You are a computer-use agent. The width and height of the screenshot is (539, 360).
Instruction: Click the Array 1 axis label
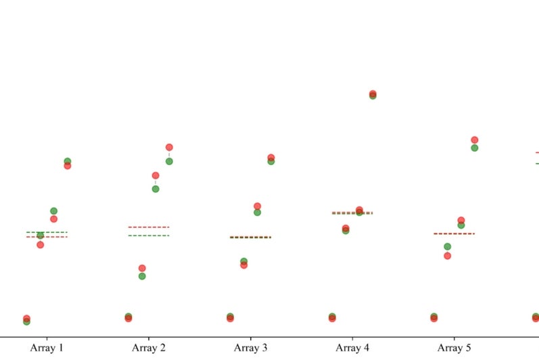coord(47,348)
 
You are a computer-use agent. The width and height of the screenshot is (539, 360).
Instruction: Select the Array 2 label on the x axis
coord(149,348)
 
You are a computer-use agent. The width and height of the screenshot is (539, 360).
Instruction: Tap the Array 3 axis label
coord(250,348)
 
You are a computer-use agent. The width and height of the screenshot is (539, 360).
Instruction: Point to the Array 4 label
coord(352,348)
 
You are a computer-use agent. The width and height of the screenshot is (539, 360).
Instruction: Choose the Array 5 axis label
coord(454,348)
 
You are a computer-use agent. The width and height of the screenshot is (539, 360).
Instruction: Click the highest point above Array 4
coord(373,94)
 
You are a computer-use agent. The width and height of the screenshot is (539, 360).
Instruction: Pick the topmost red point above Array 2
coord(169,147)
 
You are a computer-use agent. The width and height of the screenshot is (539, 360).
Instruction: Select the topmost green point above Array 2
coord(169,161)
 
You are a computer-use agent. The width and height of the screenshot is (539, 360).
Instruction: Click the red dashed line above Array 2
coord(148,227)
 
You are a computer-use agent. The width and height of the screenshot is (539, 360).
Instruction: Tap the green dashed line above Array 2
coord(148,235)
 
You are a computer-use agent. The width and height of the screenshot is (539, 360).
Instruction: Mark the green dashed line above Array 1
coord(47,232)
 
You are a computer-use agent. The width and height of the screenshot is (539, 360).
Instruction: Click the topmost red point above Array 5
coord(475,140)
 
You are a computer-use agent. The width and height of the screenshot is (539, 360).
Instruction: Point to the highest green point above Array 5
coord(475,148)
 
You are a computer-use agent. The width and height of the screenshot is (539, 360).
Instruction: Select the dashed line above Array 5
coord(454,233)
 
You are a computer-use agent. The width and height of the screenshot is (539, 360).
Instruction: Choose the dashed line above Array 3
coord(250,238)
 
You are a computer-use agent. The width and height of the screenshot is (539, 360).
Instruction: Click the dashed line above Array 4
coord(352,213)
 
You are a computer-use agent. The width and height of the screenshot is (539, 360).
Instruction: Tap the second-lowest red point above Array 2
coord(142,269)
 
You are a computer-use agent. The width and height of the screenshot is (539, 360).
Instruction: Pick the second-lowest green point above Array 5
coord(447,247)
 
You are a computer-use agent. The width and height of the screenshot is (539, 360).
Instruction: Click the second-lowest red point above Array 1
coord(40,244)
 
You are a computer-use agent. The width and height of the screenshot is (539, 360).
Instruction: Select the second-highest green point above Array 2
coord(156,189)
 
